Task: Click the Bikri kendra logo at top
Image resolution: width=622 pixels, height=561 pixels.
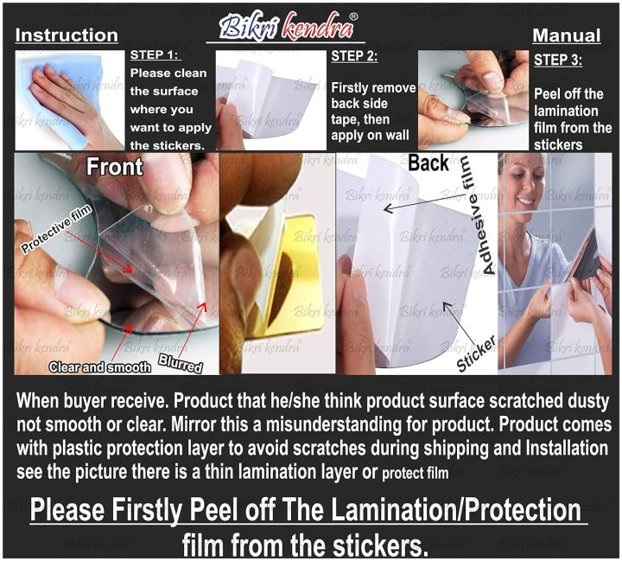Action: (x=286, y=26)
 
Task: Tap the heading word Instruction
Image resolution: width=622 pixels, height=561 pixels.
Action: (x=67, y=35)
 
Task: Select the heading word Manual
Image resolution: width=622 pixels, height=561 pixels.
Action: (x=567, y=35)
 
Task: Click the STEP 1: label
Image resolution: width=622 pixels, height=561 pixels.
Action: (x=155, y=54)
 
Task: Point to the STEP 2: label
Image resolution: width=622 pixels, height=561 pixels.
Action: (x=354, y=56)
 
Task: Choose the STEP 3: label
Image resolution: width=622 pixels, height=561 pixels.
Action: (x=558, y=60)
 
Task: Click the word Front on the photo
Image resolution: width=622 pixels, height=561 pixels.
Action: (x=115, y=166)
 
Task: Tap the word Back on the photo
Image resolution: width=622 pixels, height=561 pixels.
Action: (x=428, y=163)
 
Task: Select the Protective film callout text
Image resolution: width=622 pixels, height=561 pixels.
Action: (x=57, y=229)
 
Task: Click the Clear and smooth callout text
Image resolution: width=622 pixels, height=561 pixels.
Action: (x=99, y=367)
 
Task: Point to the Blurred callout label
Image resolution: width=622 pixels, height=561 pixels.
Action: (x=181, y=363)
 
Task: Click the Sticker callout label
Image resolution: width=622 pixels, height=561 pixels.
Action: (x=476, y=354)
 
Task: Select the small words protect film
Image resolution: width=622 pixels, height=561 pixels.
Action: (x=415, y=473)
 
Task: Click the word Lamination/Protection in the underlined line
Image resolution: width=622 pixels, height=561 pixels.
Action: (x=444, y=510)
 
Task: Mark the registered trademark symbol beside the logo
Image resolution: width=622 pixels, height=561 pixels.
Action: (x=353, y=16)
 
